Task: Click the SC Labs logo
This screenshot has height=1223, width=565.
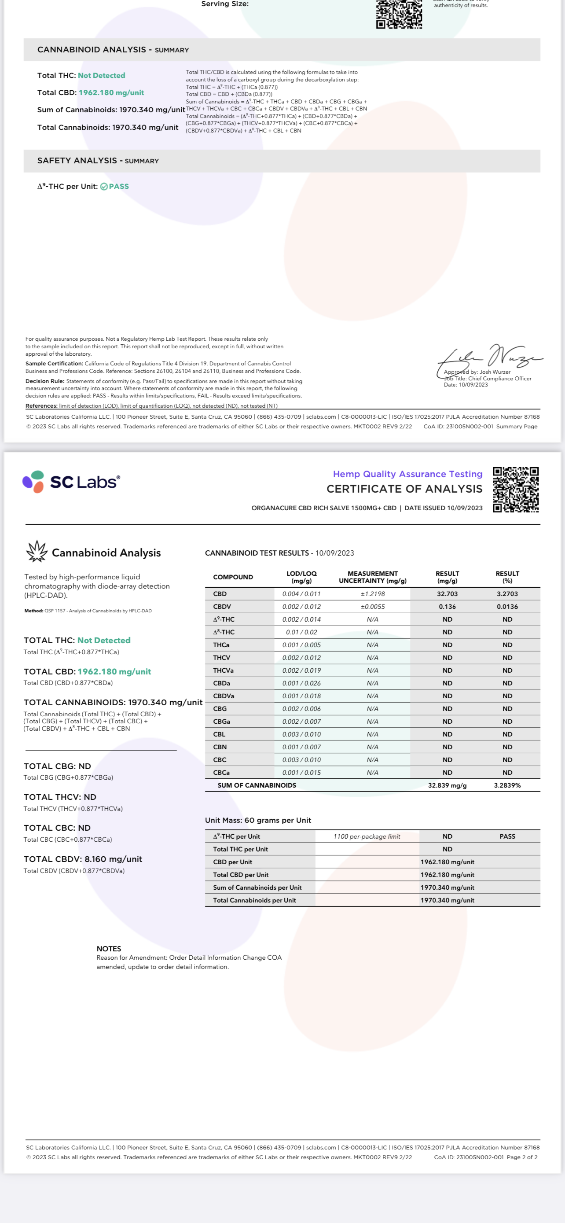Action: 71,482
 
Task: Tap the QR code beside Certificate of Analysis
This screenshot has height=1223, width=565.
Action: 515,490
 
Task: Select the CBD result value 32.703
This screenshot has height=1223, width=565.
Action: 447,594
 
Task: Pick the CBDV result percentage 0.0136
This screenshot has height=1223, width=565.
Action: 507,607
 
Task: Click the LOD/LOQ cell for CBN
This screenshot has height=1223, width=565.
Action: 301,747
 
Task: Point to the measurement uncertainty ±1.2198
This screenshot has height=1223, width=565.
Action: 372,594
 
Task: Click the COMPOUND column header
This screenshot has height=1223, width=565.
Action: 233,577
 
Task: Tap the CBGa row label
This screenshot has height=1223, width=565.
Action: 221,722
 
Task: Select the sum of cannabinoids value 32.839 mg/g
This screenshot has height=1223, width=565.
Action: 447,786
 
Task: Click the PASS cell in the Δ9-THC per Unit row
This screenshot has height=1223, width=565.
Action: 507,836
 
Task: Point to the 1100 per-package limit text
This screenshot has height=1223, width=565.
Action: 367,836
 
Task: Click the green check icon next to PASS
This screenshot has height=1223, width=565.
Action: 104,187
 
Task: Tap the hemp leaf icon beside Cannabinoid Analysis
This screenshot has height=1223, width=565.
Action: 37,552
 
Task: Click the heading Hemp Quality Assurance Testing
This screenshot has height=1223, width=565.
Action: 407,474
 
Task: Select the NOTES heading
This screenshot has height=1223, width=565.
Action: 109,949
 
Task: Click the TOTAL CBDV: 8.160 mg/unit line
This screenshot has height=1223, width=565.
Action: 83,859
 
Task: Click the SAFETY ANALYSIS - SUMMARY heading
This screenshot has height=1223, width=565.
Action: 98,161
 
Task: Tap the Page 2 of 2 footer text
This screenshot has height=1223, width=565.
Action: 522,1157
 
